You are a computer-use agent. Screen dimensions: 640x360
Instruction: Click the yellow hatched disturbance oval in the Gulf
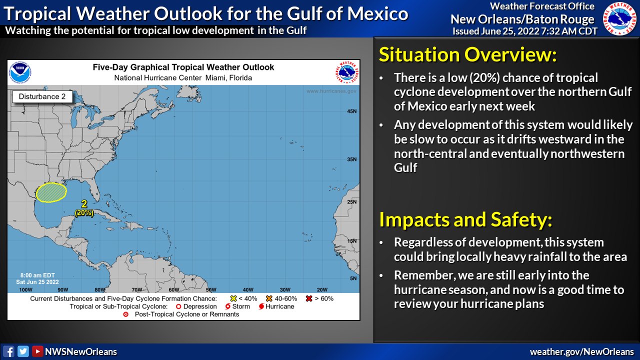[51, 192]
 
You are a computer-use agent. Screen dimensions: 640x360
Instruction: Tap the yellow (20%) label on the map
[84, 213]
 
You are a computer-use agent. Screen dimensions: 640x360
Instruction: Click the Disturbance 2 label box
[42, 96]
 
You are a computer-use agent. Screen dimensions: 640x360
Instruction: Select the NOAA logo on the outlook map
[20, 72]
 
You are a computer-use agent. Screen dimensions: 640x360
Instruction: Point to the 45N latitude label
[351, 111]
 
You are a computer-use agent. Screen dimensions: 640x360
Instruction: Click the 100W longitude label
[25, 289]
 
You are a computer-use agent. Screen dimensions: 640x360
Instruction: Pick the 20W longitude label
[322, 289]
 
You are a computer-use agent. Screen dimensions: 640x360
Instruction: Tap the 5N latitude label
[353, 278]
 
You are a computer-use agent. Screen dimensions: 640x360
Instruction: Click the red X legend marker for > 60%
[309, 298]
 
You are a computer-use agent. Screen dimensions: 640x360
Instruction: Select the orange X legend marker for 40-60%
[269, 298]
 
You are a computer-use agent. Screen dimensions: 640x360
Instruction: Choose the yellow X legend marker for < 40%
[233, 298]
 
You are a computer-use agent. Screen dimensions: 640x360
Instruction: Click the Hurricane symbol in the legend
[261, 306]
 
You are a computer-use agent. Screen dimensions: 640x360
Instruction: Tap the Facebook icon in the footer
[8, 351]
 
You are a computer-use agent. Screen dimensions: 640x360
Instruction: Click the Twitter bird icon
[23, 351]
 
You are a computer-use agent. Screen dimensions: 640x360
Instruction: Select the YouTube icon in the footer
[37, 351]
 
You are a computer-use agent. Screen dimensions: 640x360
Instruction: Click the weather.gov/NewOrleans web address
[581, 351]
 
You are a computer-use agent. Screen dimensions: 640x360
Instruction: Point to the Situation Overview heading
[467, 54]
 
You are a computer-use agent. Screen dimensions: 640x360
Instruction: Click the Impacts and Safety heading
[465, 219]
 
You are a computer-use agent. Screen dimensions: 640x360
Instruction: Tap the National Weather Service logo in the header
[619, 18]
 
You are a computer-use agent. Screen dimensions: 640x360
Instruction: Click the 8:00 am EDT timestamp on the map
[37, 275]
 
